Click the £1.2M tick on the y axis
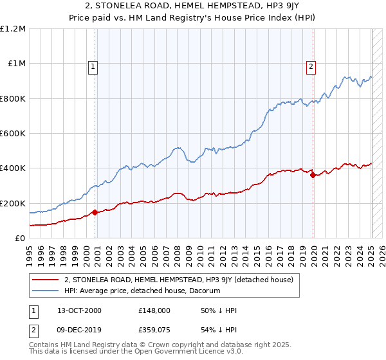(14, 29)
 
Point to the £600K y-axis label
(14, 134)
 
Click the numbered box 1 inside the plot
(93, 66)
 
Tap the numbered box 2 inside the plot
(311, 66)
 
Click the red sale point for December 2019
(313, 175)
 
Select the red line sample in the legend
(44, 280)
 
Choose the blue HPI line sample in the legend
(44, 291)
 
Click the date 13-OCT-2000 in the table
(83, 310)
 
